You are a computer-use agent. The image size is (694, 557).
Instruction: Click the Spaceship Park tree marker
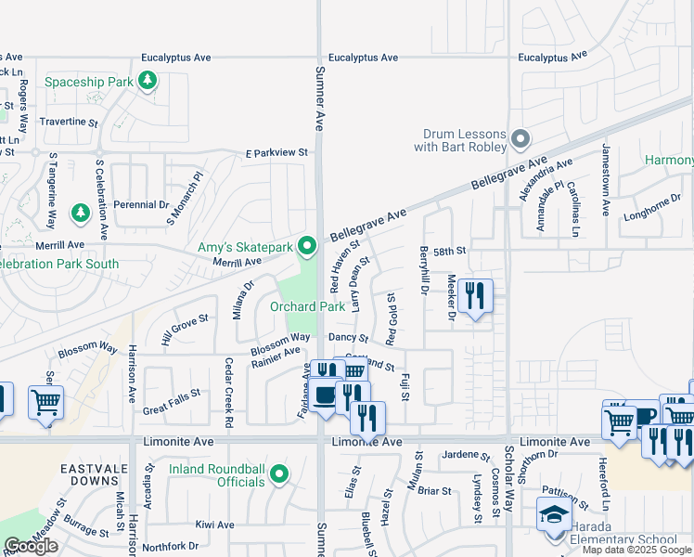click(x=147, y=82)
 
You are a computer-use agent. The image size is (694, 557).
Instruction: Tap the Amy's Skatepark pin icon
click(x=308, y=247)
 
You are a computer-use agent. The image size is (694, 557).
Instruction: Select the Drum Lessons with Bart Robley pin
click(x=520, y=141)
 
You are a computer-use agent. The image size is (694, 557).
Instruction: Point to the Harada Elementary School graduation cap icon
click(x=555, y=516)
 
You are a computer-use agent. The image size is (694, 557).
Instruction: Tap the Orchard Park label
click(x=307, y=306)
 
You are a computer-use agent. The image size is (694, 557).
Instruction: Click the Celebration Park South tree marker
click(x=81, y=214)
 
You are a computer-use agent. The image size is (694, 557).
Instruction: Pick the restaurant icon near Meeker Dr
click(x=475, y=296)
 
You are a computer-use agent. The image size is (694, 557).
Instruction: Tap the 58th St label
click(x=448, y=252)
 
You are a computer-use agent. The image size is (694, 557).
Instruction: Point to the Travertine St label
click(x=68, y=122)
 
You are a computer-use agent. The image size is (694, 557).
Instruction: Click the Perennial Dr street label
click(x=141, y=204)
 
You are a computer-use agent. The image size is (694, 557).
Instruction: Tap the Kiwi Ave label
click(x=214, y=525)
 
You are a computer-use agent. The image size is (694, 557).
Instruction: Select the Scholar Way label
click(x=508, y=478)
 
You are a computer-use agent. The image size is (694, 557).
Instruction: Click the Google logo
click(x=31, y=546)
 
